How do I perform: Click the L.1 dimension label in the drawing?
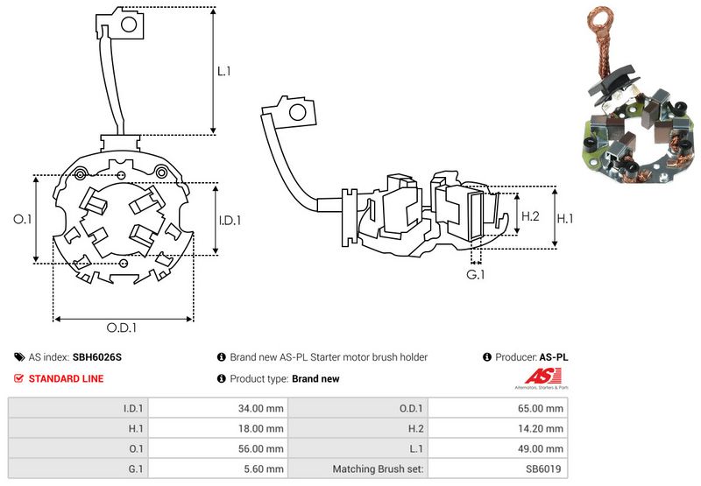pos(224,71)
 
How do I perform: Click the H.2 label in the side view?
pos(530,215)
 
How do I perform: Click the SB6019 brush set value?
pos(545,468)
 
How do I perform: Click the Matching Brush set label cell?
pos(378,468)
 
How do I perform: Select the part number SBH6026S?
pos(96,357)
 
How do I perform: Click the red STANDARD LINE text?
pos(67,378)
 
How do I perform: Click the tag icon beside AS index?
pos(19,357)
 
